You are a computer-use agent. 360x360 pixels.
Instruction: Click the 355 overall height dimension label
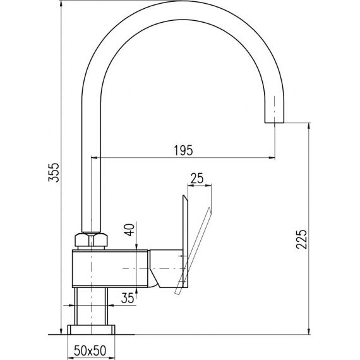point(54,172)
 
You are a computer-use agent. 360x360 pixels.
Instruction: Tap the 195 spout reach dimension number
point(183,150)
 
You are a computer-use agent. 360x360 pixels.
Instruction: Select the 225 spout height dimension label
point(301,239)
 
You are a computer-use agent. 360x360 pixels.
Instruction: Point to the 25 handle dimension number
point(197,178)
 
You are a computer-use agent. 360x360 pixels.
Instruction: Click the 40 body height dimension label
point(129,230)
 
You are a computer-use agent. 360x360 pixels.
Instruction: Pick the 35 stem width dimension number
point(128,298)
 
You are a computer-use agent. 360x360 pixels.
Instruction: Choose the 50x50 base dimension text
point(90,351)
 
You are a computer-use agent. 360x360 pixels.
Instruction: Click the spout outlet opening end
point(274,123)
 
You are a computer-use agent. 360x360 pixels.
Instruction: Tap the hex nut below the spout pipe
point(91,240)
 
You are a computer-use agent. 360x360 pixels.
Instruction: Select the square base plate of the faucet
point(91,330)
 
